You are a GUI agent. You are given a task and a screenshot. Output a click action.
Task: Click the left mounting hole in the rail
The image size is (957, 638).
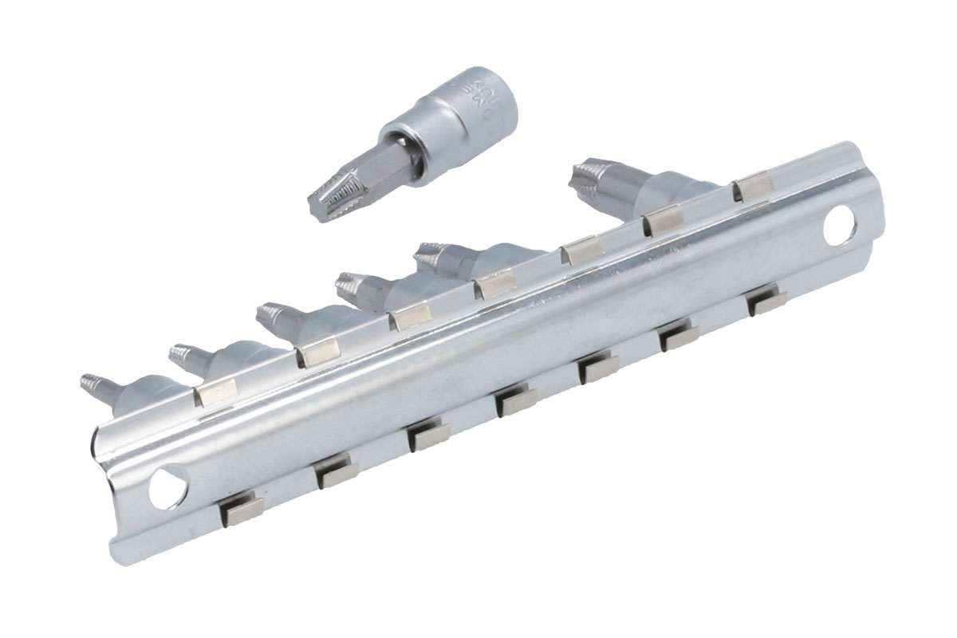(x=168, y=485)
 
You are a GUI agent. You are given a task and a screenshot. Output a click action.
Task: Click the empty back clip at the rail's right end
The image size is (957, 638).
(x=753, y=185)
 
